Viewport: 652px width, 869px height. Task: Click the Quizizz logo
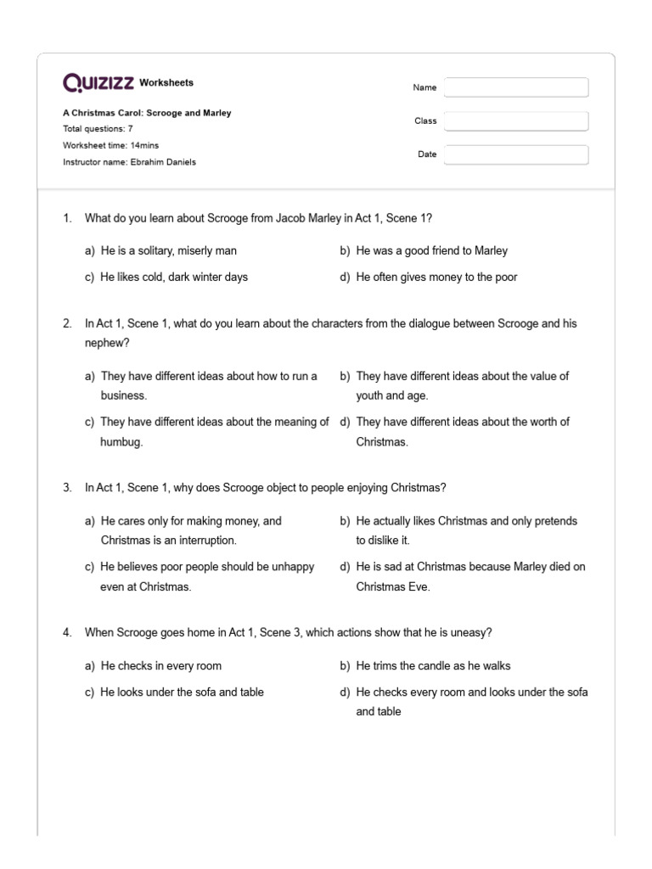[98, 83]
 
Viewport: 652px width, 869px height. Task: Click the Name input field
[515, 87]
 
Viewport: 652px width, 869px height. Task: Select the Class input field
[515, 121]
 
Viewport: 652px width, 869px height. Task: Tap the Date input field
[515, 154]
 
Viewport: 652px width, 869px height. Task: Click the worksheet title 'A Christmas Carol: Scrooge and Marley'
[147, 113]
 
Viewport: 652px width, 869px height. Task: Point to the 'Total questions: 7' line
[98, 129]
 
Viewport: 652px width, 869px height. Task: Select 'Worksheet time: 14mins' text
[110, 145]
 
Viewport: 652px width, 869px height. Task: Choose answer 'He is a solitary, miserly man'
[168, 250]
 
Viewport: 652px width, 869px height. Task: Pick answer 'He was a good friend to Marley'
[432, 250]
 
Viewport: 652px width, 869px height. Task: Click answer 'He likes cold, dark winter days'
[174, 277]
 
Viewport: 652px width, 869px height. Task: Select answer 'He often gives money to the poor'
[436, 277]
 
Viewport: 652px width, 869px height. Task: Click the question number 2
[67, 324]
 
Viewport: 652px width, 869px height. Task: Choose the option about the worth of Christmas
[462, 431]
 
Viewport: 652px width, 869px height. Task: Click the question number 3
[67, 487]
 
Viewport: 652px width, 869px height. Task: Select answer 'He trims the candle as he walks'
[433, 666]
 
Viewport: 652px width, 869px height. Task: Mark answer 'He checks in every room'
[160, 666]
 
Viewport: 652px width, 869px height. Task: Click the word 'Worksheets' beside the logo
[166, 83]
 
